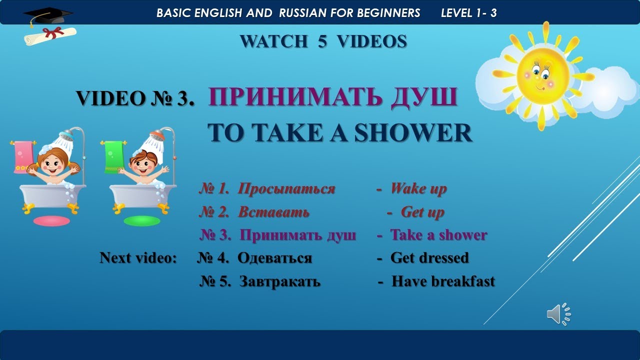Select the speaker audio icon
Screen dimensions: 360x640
[558, 314]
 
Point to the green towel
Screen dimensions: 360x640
[114, 156]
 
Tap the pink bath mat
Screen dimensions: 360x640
[51, 220]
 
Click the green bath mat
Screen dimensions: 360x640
[142, 220]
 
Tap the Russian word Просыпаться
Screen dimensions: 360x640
[286, 189]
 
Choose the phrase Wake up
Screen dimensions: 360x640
[418, 189]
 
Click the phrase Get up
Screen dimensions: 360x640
[422, 212]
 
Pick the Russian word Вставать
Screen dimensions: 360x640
[273, 212]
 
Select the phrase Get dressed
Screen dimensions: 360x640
[429, 257]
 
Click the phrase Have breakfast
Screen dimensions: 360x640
[443, 281]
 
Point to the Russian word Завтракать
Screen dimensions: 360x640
[279, 281]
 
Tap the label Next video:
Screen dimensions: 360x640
[138, 257]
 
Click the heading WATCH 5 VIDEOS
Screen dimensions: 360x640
[323, 41]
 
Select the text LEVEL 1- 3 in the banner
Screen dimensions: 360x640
[468, 13]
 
